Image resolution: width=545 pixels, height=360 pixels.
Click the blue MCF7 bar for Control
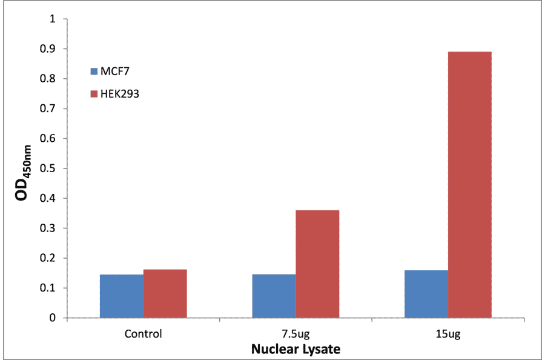tap(122, 296)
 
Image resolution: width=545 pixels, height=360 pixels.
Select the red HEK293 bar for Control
tap(165, 294)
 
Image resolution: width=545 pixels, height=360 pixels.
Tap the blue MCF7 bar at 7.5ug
tap(274, 296)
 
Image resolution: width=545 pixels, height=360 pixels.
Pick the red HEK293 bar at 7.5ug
tap(317, 264)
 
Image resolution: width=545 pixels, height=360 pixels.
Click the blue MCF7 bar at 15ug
tap(426, 294)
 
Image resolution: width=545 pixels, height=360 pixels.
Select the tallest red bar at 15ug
tap(469, 185)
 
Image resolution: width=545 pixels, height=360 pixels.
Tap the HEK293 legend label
tap(120, 94)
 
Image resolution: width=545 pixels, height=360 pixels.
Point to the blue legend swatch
tap(94, 72)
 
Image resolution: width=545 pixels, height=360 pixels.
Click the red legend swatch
tap(94, 94)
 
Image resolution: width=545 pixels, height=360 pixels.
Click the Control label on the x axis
tap(143, 333)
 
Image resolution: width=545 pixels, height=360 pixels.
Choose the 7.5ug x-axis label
tap(296, 333)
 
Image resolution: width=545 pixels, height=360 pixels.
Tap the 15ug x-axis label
tap(448, 333)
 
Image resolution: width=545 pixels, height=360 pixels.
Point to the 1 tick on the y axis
tap(52, 19)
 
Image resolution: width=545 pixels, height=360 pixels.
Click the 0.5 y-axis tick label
tap(47, 168)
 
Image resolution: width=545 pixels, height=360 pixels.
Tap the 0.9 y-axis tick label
tap(47, 48)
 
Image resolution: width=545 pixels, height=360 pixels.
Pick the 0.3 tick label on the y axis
tap(47, 228)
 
